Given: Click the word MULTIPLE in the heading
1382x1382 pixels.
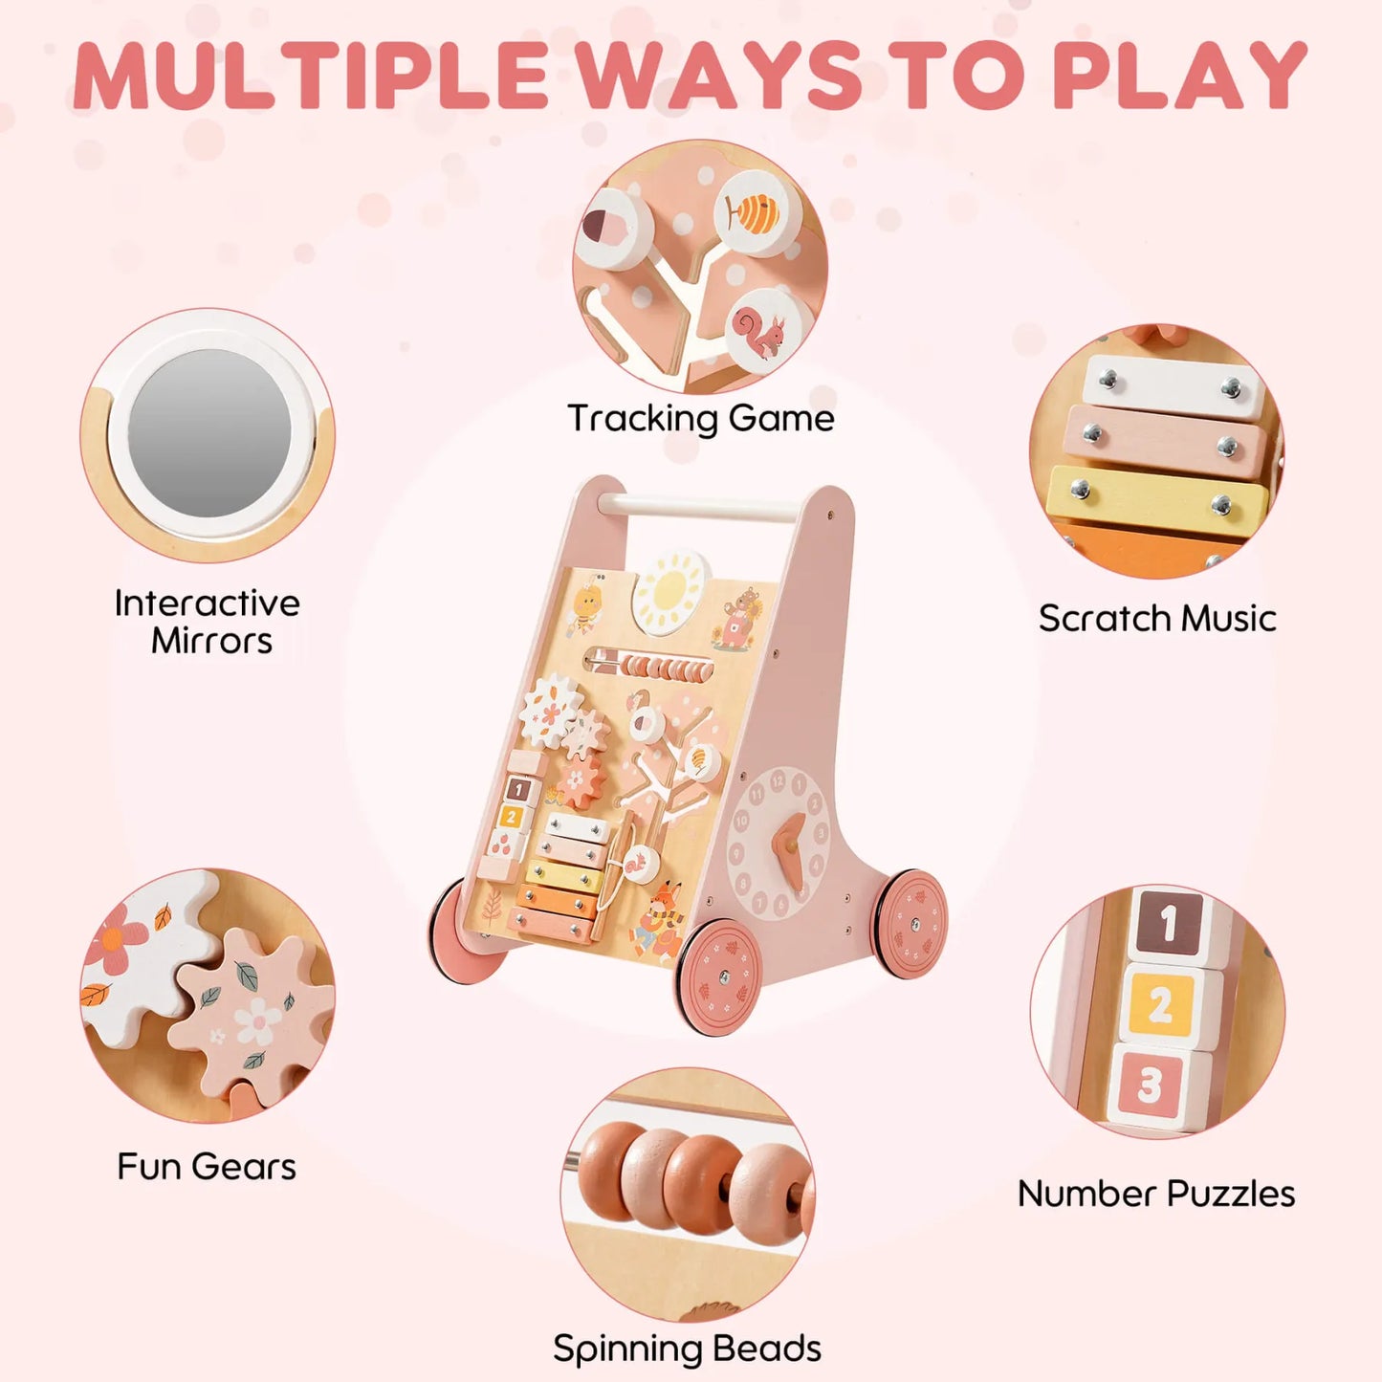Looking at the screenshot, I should point(311,76).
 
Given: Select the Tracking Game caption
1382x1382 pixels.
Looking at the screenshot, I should point(700,419).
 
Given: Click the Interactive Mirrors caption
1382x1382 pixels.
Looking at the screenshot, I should point(208,622).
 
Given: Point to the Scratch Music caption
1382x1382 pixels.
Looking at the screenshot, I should point(1157,619).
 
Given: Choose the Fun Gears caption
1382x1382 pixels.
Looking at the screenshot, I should point(207,1167).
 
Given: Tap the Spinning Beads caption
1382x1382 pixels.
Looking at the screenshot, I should point(687,1349).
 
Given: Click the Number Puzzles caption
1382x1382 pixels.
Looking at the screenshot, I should point(1156,1194).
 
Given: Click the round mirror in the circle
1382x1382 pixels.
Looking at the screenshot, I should point(209,433).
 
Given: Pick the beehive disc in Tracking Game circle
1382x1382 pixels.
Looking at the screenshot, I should point(756,213).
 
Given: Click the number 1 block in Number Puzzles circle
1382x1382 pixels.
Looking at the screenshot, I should point(1167,924).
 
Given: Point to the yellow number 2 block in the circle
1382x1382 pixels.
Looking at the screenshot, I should point(1161,1004).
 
